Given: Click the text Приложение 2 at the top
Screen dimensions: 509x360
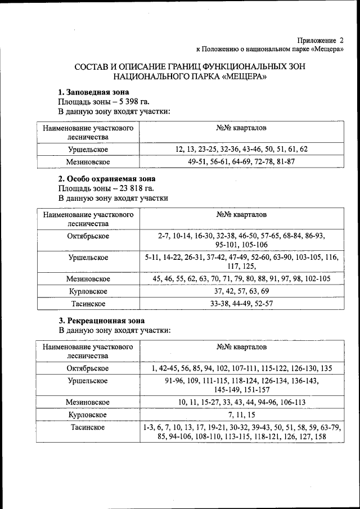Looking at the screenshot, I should pyautogui.click(x=320, y=40).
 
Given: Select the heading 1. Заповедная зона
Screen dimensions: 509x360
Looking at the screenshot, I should pyautogui.click(x=94, y=92).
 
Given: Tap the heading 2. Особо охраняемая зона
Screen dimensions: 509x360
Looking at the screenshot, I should pyautogui.click(x=107, y=179).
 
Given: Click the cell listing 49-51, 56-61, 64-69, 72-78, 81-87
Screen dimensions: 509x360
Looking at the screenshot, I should pyautogui.click(x=241, y=161).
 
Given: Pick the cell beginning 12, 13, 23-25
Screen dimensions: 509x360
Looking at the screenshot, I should pyautogui.click(x=241, y=149).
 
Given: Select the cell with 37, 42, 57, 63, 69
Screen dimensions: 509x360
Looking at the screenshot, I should pyautogui.click(x=241, y=291).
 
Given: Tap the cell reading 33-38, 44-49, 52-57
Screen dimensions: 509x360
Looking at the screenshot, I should pyautogui.click(x=241, y=304).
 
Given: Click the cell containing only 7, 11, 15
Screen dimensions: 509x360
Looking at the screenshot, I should pyautogui.click(x=241, y=415).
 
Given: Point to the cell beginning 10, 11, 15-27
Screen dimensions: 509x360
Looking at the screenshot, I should pyautogui.click(x=241, y=402).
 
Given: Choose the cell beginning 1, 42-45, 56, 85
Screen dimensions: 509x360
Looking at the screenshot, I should pyautogui.click(x=241, y=368).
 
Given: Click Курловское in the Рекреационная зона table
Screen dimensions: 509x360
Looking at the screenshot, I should pyautogui.click(x=88, y=415).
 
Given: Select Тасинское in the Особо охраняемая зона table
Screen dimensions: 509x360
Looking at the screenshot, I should pyautogui.click(x=88, y=304).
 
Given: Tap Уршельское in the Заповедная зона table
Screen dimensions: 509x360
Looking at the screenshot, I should pyautogui.click(x=88, y=149).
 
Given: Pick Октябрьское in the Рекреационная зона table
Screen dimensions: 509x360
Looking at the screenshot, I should pyautogui.click(x=88, y=368).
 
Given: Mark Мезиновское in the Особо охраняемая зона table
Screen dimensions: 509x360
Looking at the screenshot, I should pyautogui.click(x=88, y=278).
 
